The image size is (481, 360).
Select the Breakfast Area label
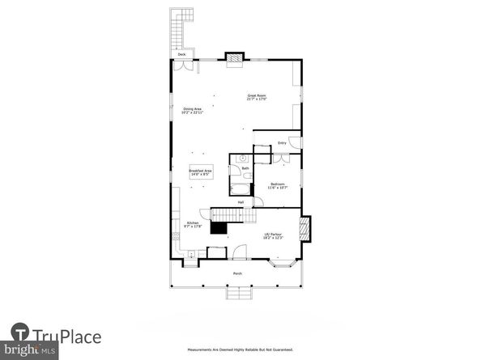200,172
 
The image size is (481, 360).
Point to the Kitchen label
193,224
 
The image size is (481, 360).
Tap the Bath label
245,168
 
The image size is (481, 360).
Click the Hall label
240,202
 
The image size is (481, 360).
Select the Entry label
282,143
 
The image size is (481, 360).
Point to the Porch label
237,273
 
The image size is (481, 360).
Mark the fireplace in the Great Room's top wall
234,57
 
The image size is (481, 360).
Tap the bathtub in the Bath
240,189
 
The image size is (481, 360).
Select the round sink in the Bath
242,158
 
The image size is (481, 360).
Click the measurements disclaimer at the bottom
240,350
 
